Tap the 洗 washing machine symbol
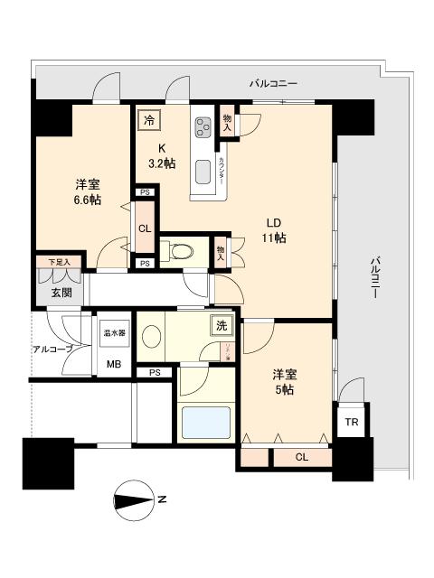coord(221,325)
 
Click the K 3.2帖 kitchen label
coord(163,155)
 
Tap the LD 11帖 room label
coord(275,230)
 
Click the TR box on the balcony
coord(350,422)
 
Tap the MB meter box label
coord(113,364)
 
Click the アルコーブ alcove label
coord(52,349)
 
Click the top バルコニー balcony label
coord(275,84)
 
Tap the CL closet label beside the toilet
coord(145,228)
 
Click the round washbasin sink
coord(152,337)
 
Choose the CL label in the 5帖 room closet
coord(301,457)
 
